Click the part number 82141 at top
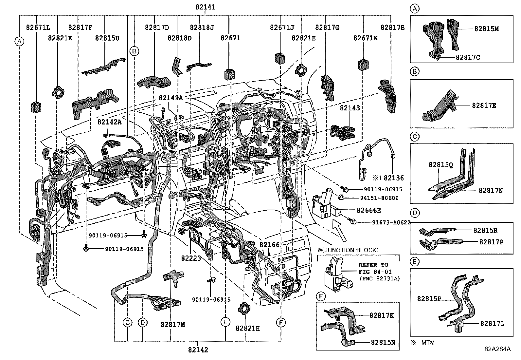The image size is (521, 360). [205, 7]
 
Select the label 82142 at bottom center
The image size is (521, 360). [198, 350]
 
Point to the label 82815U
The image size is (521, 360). [107, 38]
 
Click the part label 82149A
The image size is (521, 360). [171, 98]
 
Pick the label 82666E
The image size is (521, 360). [368, 211]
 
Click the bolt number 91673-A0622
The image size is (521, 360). [391, 222]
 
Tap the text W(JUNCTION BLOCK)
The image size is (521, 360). [348, 250]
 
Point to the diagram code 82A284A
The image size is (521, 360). [497, 349]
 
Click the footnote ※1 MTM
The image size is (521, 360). [422, 343]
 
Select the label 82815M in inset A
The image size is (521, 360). [486, 29]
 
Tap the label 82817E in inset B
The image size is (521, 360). [484, 105]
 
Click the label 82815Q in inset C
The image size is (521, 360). [440, 165]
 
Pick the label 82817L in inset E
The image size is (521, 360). [492, 324]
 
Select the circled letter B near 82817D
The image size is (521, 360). [134, 51]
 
